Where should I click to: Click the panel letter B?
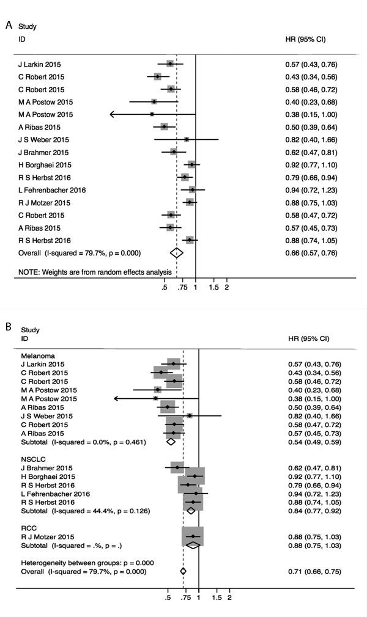coord(9,327)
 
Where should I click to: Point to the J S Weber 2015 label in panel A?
coord(45,140)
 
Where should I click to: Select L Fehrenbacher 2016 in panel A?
coord(52,190)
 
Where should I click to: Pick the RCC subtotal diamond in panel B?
coord(193,545)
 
